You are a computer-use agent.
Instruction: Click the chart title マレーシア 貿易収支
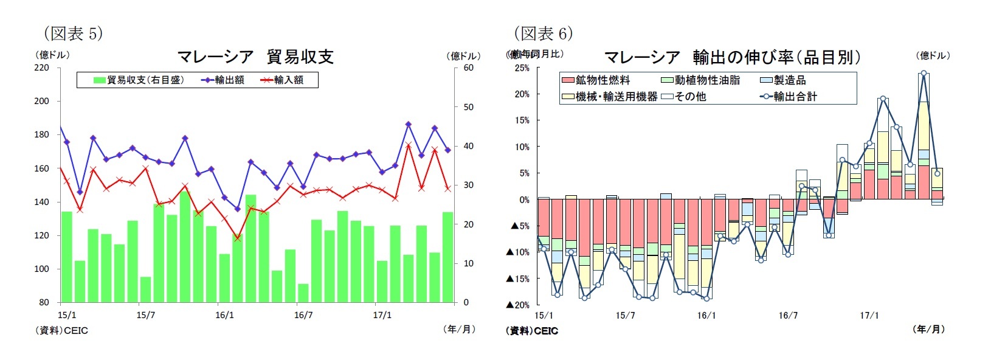click(255, 57)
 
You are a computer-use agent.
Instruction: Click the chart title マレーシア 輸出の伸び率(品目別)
click(732, 57)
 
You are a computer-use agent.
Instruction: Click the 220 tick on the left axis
click(41, 67)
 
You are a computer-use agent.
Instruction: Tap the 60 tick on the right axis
click(468, 67)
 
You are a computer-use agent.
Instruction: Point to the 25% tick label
click(522, 68)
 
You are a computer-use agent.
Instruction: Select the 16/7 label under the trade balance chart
click(303, 315)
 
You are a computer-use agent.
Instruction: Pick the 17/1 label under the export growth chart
click(869, 315)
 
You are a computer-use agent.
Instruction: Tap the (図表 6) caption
click(543, 33)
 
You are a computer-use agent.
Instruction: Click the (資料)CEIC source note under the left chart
click(61, 331)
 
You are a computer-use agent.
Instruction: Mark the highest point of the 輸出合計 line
click(924, 73)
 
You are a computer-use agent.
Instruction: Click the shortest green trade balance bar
click(303, 293)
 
